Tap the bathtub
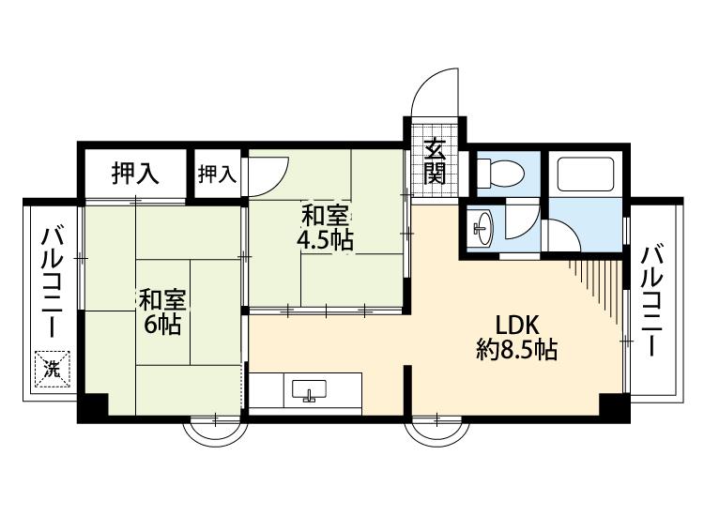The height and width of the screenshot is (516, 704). coord(586,175)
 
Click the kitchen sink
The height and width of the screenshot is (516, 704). coord(310,390)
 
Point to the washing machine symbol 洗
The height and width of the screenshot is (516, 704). coord(53,369)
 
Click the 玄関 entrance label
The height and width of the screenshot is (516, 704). coord(435,161)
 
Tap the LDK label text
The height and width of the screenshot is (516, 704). coord(517,325)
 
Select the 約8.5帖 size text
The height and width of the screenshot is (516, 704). coord(517,349)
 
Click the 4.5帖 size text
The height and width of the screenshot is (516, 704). coord(325,240)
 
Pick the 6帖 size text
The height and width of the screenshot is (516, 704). coord(162,325)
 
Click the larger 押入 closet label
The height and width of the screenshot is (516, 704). coord(135,174)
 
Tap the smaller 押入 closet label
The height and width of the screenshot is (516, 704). coord(218,175)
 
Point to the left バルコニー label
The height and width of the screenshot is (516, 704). coord(52,282)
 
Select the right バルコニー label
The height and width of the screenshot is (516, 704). coord(651,301)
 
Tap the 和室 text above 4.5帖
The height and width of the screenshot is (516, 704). coord(325,216)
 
